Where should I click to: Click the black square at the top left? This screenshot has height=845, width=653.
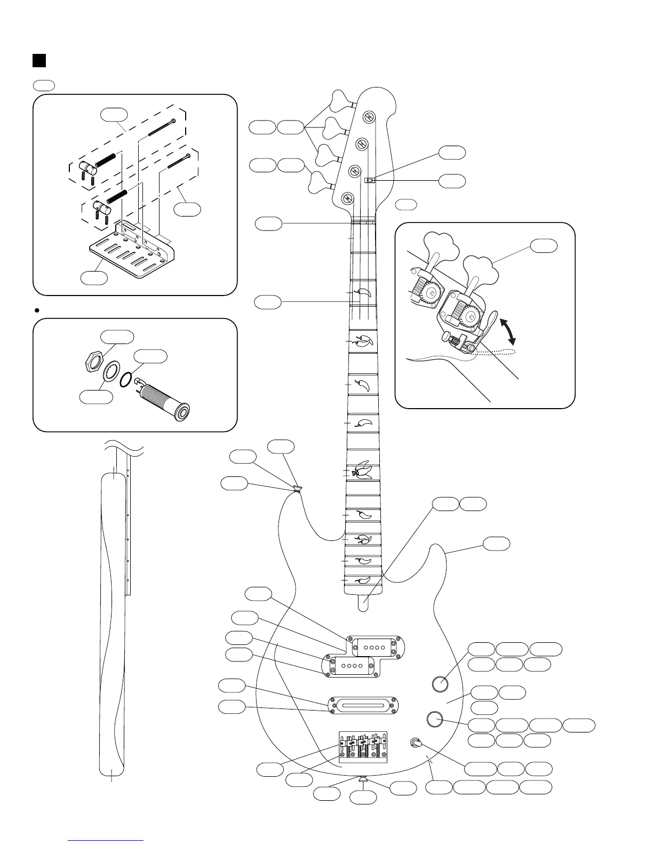click(38, 60)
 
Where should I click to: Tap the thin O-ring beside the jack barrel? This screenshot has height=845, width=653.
click(126, 378)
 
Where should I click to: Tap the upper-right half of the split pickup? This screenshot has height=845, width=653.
click(376, 646)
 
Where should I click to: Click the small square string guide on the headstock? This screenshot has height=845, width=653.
click(369, 180)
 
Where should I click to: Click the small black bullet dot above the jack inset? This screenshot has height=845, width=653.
click(37, 309)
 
